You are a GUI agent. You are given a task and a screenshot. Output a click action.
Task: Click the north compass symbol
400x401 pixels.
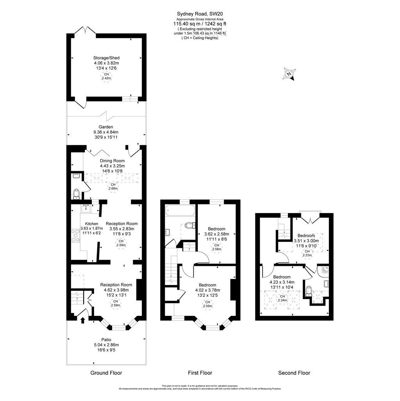(289, 73)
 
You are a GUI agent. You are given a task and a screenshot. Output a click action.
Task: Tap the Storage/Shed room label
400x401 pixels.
(106, 57)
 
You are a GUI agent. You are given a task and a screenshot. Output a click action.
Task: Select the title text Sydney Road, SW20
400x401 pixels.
(200, 14)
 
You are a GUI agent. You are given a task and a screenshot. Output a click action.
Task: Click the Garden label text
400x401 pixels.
(106, 127)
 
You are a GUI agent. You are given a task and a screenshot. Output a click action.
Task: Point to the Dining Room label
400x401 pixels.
(112, 161)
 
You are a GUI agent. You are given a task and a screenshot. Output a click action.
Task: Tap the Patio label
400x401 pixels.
(106, 339)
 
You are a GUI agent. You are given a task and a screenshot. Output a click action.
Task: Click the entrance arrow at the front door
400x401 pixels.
(82, 320)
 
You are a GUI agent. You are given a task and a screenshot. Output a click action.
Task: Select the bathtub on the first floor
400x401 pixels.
(180, 211)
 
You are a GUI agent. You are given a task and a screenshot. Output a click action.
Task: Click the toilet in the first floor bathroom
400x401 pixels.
(190, 225)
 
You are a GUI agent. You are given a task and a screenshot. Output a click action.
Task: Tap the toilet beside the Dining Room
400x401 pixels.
(77, 193)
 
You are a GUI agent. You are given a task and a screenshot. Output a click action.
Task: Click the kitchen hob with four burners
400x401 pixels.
(75, 236)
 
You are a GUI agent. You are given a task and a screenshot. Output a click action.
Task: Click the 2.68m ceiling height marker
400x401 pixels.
(113, 186)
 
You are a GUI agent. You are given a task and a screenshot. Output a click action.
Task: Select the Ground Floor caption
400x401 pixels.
(106, 373)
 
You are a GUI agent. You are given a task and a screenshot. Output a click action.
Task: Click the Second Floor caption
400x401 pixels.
(294, 373)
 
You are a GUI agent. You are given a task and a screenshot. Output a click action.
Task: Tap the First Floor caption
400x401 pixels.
(200, 373)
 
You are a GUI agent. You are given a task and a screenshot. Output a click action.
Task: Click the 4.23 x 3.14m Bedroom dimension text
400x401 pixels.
(282, 282)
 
